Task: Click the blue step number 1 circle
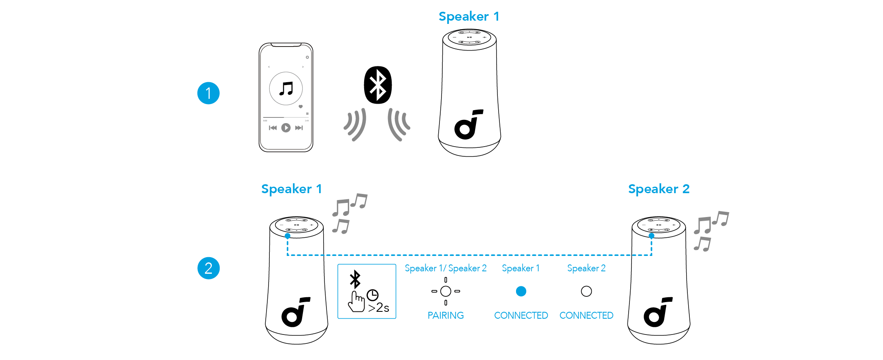[208, 93]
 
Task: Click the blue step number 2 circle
[208, 268]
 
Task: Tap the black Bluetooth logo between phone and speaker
[378, 85]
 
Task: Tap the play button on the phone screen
[286, 128]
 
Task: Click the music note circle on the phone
[286, 88]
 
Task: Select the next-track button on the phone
[299, 128]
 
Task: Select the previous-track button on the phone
[273, 128]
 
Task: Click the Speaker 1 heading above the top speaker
[469, 17]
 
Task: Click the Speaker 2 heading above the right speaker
[659, 189]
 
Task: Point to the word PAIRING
[446, 315]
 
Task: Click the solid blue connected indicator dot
[521, 291]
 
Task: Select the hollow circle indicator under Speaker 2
[586, 291]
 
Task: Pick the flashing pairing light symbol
[446, 291]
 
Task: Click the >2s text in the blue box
[379, 308]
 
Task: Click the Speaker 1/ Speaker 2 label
[446, 268]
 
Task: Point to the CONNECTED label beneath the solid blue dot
[521, 315]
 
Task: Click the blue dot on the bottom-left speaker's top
[288, 236]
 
